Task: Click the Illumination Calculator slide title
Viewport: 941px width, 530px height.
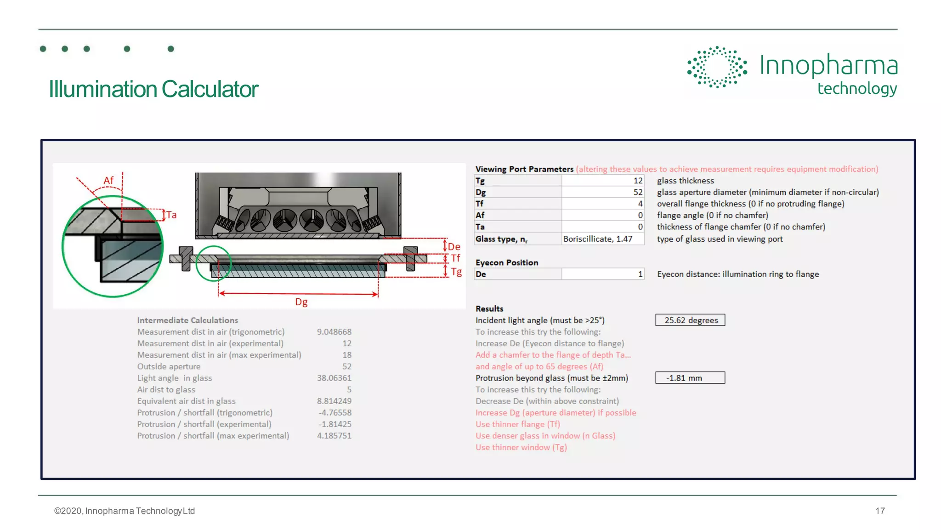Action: [153, 89]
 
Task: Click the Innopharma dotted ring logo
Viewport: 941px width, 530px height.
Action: [717, 67]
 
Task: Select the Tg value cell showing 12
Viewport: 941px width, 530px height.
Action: [602, 181]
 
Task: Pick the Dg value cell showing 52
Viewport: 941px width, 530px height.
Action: [602, 192]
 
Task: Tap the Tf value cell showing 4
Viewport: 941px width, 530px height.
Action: [602, 204]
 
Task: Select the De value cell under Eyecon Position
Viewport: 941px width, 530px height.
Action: [602, 274]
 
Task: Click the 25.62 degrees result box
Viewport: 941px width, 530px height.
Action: [690, 320]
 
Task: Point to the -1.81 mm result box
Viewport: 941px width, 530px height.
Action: [690, 378]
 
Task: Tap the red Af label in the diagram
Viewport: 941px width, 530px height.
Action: [108, 180]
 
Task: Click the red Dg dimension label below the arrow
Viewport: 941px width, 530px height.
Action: [301, 302]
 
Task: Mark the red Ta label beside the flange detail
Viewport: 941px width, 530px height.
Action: [171, 215]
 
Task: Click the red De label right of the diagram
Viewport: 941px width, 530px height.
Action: [454, 247]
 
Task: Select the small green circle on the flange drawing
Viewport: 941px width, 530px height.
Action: [214, 263]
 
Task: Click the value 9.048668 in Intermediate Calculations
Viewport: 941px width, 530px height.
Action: [334, 332]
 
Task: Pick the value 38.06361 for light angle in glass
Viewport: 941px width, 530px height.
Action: [334, 378]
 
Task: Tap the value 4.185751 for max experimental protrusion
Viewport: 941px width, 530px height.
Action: [334, 436]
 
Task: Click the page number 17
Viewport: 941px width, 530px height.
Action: [880, 511]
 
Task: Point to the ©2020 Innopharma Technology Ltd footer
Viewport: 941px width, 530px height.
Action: [125, 511]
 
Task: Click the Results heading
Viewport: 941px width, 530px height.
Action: [489, 309]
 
